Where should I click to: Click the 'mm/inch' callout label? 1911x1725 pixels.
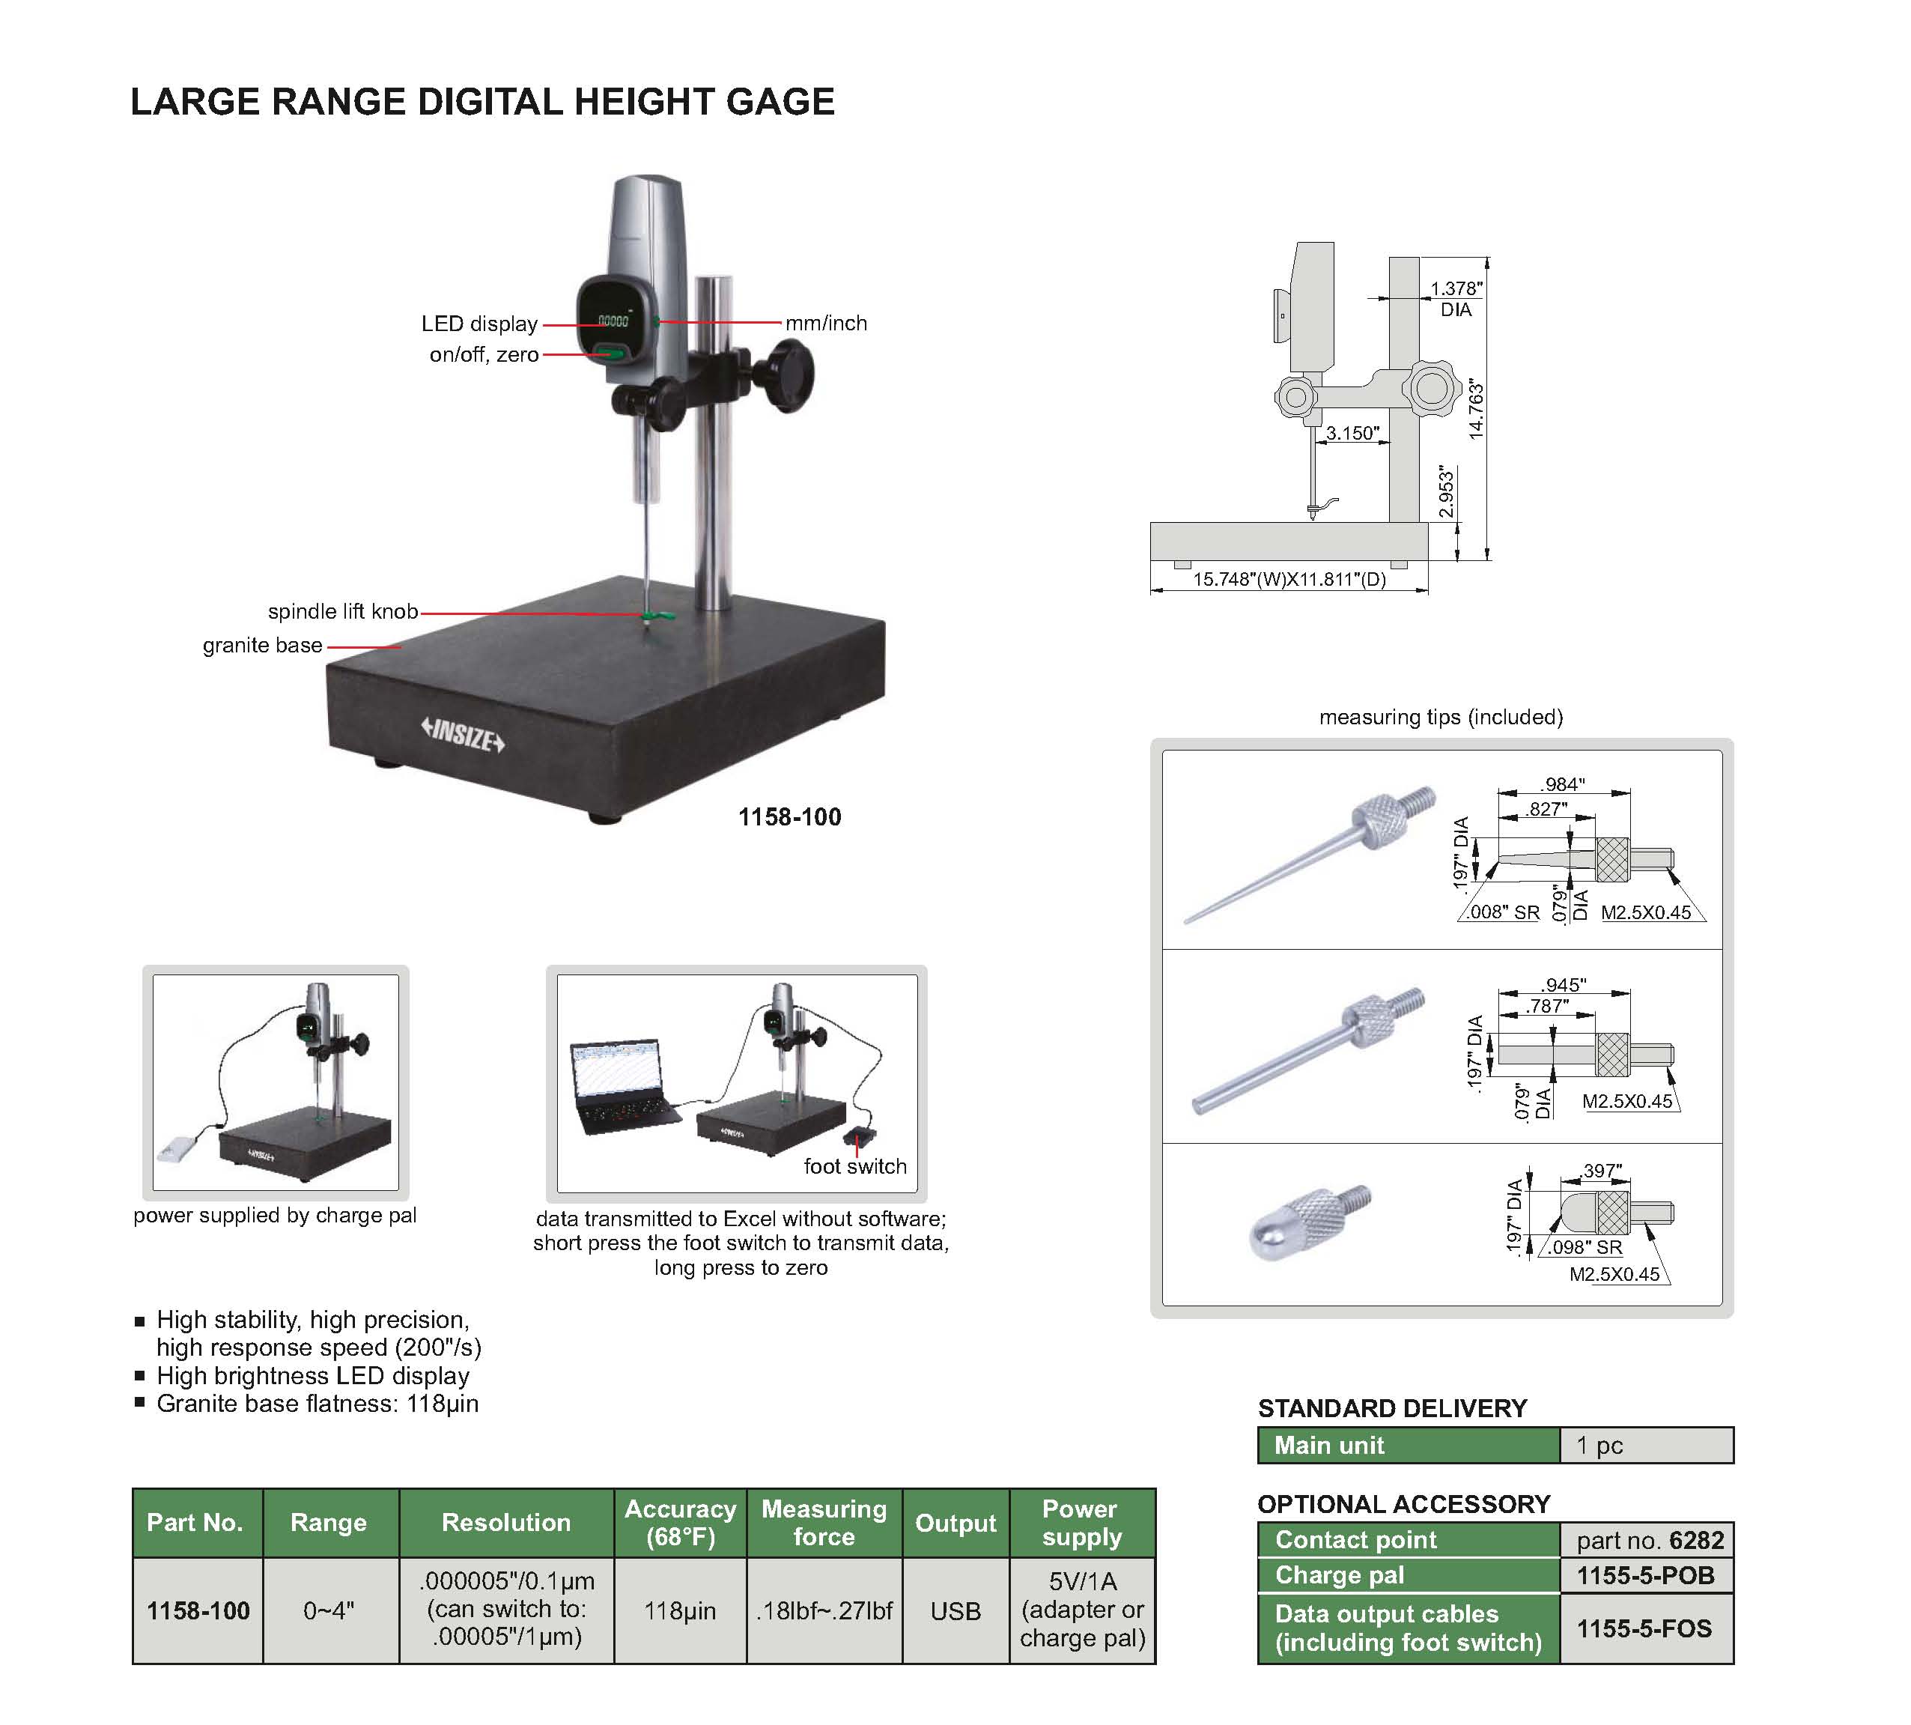825,323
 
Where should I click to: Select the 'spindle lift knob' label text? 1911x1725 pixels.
343,611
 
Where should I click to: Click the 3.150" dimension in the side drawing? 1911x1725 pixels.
1352,433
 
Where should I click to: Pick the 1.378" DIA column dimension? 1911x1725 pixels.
1455,299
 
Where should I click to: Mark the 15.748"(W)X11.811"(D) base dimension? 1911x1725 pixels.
1289,579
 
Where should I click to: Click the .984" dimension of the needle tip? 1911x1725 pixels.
1561,783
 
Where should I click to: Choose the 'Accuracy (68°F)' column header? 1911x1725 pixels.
680,1522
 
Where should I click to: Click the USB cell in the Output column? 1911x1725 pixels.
955,1611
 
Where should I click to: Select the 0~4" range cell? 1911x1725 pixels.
329,1610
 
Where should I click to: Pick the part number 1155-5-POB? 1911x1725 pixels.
1644,1575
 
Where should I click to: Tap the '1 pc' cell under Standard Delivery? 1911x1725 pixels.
1599,1446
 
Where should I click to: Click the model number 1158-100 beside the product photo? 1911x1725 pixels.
789,817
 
